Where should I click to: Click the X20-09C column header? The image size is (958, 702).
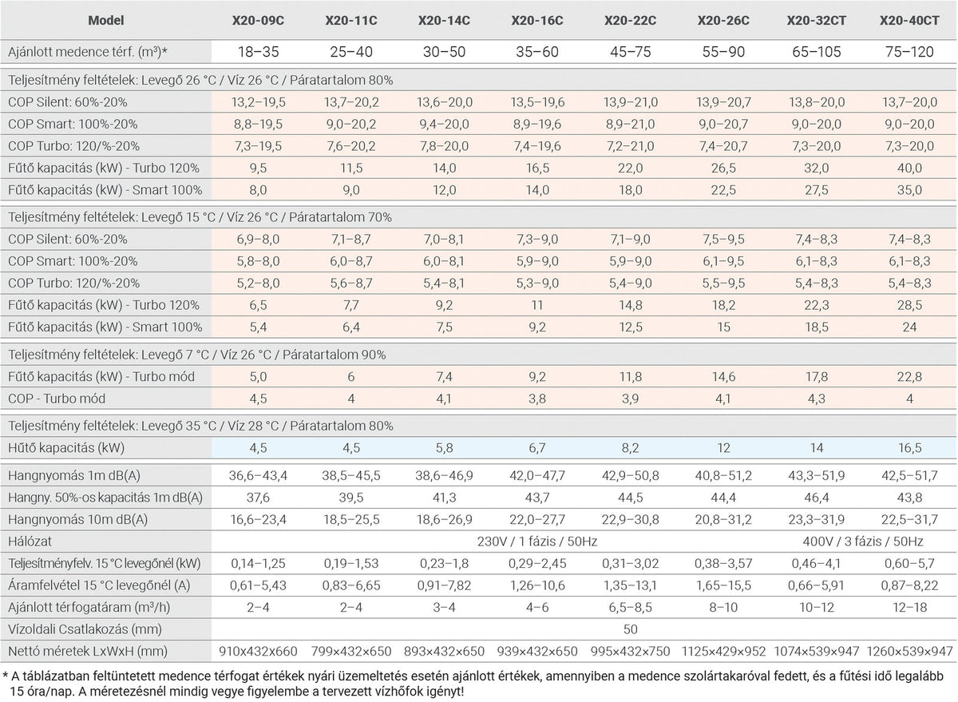[258, 21]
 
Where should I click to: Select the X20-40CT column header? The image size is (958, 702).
[909, 21]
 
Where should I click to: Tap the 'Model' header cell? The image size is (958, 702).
[106, 21]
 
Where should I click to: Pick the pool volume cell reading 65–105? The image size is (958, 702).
[817, 52]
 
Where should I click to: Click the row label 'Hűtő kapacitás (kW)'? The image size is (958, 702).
[66, 448]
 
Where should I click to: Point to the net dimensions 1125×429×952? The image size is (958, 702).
[723, 651]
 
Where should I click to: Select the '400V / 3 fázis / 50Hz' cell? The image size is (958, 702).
[863, 541]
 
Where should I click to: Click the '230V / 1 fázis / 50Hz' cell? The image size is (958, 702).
[537, 541]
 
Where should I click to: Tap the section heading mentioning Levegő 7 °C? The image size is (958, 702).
[196, 355]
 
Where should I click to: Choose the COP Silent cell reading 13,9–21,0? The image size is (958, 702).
[631, 102]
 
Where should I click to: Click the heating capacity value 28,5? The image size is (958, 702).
[909, 305]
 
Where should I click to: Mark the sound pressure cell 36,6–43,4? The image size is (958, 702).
[258, 476]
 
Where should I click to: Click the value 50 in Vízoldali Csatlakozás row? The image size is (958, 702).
[631, 629]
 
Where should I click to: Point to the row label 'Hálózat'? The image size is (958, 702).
[30, 541]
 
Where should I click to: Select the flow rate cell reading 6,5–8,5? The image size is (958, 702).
[631, 608]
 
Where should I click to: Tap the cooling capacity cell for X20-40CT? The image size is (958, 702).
[909, 448]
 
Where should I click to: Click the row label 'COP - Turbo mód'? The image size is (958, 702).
[57, 399]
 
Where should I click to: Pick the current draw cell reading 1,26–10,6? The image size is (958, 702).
[537, 585]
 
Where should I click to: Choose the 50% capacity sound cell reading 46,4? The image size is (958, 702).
[817, 498]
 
